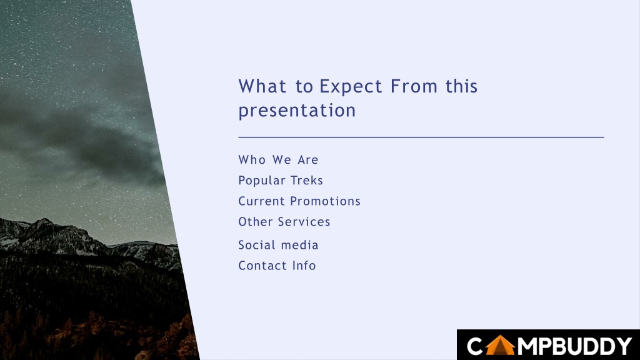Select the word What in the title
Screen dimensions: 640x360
(x=262, y=86)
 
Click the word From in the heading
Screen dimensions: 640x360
(x=414, y=86)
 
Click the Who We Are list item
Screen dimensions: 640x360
(x=278, y=159)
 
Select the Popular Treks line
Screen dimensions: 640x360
(x=281, y=181)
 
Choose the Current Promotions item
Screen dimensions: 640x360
(x=299, y=201)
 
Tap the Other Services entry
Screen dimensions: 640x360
(x=284, y=222)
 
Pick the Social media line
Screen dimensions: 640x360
(x=278, y=245)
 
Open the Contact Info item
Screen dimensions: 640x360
(x=277, y=266)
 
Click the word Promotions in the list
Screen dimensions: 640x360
(x=325, y=201)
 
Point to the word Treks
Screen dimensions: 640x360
(x=306, y=181)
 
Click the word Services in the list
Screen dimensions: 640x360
(x=304, y=222)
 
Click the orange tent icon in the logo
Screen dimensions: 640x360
(x=500, y=345)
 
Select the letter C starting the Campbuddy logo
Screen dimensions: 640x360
(x=475, y=346)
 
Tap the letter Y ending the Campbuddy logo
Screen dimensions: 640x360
(x=624, y=346)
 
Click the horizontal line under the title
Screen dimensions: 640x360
(x=421, y=137)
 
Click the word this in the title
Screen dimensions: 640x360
(x=461, y=86)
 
